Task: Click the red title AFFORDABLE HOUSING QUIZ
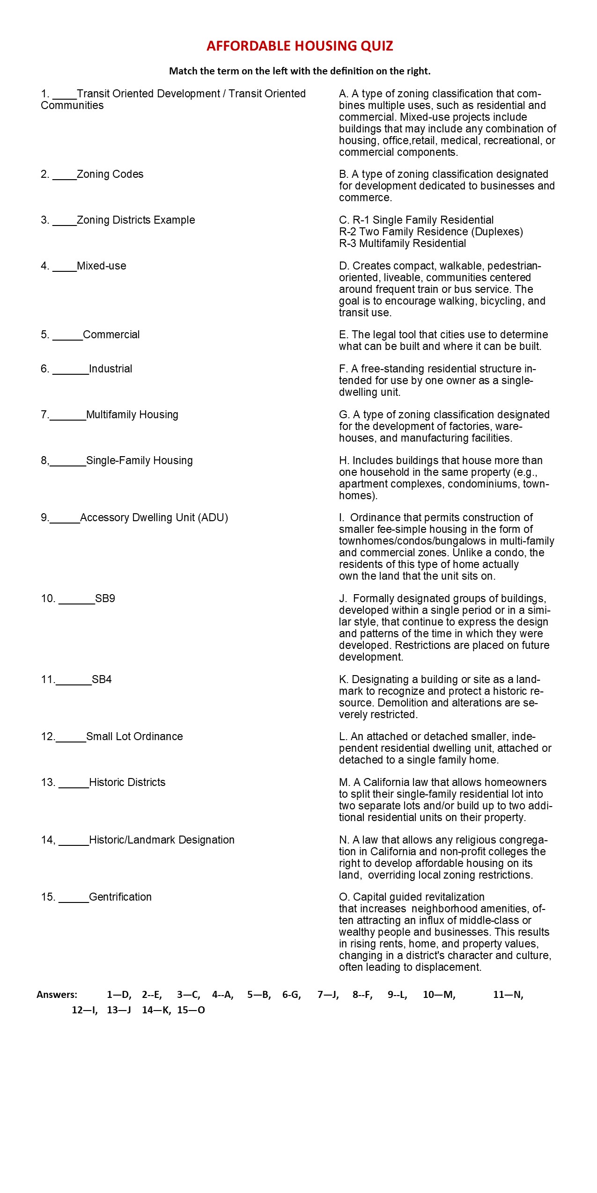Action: coord(300,46)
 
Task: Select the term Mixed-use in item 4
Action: coord(101,266)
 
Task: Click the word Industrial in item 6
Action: coord(111,369)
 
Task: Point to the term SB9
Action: coord(105,599)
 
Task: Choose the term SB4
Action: coord(102,680)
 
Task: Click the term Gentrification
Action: coord(120,897)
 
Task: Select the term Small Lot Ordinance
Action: coord(134,737)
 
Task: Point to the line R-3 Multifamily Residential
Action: coord(403,244)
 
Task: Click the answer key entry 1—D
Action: coord(119,995)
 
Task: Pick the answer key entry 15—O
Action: coord(191,1011)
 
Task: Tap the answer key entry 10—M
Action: coord(439,995)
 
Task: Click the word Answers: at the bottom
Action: coord(57,995)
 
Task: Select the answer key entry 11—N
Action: coord(508,995)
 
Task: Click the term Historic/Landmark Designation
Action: coord(162,840)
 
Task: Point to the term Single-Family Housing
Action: coord(139,461)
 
